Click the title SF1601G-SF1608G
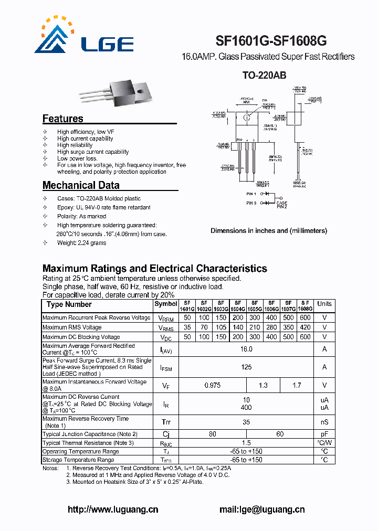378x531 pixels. click(x=271, y=41)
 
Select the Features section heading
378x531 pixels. click(x=62, y=119)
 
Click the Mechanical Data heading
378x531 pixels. click(x=81, y=185)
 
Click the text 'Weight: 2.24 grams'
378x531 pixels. click(x=81, y=243)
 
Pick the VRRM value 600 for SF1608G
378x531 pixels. click(x=305, y=318)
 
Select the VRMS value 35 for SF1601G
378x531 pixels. click(x=187, y=327)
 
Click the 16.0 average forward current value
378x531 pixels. click(x=246, y=349)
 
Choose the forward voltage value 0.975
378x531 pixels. click(x=212, y=385)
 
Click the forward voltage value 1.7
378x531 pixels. click(x=297, y=385)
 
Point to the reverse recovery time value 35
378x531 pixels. click(x=246, y=422)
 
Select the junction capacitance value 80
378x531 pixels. click(x=212, y=434)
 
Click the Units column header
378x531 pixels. click(x=324, y=304)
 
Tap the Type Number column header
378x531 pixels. click(x=69, y=304)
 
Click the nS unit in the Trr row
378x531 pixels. click(x=324, y=422)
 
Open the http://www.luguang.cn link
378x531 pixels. click(x=113, y=509)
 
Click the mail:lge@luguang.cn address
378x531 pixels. click(x=262, y=509)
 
